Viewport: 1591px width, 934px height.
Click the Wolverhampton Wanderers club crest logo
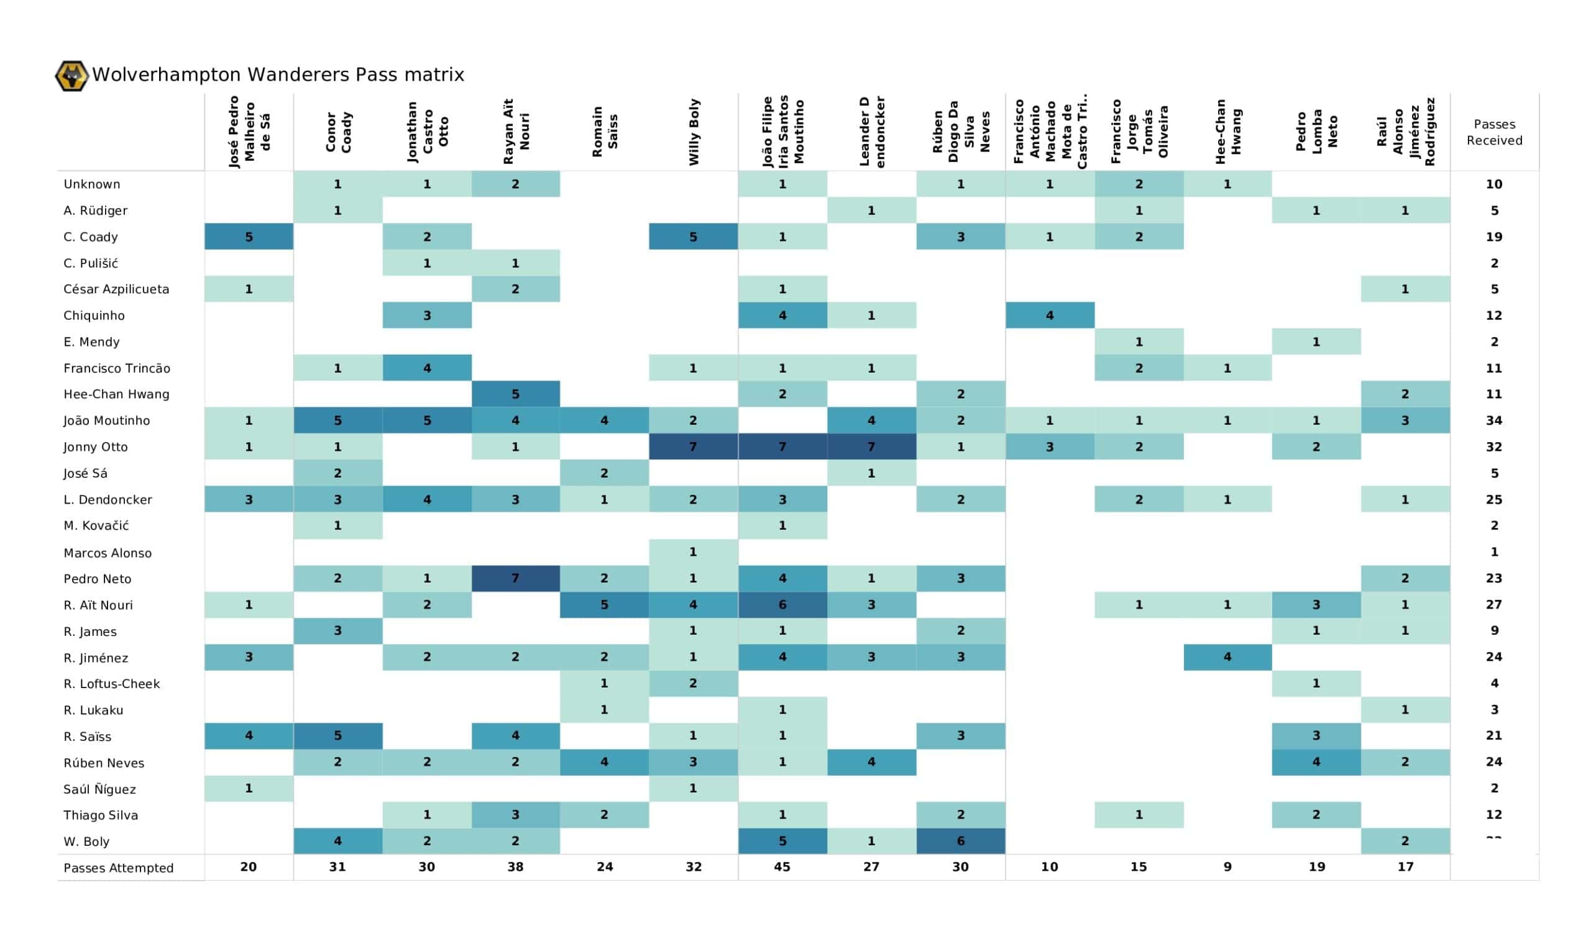click(71, 76)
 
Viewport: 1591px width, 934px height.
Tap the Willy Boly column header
click(693, 132)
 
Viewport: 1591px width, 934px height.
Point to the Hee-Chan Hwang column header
click(1227, 132)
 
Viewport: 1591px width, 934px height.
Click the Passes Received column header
click(1494, 132)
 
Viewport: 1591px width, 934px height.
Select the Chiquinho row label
click(94, 315)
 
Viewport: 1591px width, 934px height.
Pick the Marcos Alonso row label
click(108, 553)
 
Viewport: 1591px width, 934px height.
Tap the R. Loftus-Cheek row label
click(112, 684)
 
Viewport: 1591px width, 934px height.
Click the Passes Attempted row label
click(118, 868)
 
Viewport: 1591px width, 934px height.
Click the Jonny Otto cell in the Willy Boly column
click(693, 447)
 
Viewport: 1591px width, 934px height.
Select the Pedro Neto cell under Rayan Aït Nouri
click(515, 578)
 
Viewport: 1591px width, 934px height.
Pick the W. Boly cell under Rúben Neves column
click(960, 841)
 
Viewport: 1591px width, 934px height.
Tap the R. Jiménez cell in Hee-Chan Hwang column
click(1227, 657)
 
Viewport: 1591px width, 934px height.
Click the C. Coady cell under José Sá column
click(249, 237)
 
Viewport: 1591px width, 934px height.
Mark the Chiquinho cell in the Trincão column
click(1049, 315)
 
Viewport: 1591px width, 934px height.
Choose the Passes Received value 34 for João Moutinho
click(1494, 420)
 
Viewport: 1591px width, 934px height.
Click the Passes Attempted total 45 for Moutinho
click(782, 867)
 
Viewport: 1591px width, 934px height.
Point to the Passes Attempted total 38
click(515, 867)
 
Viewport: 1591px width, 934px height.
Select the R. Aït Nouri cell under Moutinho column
click(782, 605)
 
